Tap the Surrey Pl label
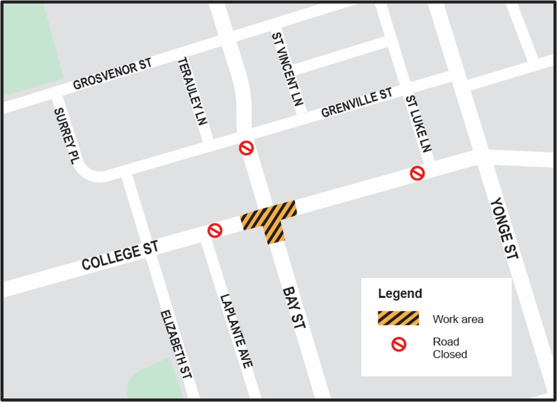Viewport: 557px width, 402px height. pyautogui.click(x=67, y=136)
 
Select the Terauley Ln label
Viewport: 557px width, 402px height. pyautogui.click(x=192, y=91)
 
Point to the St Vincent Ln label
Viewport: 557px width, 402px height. pyautogui.click(x=287, y=69)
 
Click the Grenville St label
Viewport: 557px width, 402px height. pyautogui.click(x=357, y=103)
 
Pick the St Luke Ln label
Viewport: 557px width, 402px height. pyautogui.click(x=418, y=123)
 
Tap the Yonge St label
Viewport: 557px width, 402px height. pyautogui.click(x=504, y=228)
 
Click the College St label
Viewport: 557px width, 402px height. pyautogui.click(x=120, y=257)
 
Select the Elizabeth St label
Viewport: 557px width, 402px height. pyautogui.click(x=176, y=344)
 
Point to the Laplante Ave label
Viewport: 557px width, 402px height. pyautogui.click(x=236, y=331)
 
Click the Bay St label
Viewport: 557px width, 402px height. pyautogui.click(x=294, y=307)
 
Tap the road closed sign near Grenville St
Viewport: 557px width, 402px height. pyautogui.click(x=246, y=149)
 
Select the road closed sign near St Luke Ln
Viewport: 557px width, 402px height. pyautogui.click(x=418, y=173)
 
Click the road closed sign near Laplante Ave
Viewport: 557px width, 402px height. pyautogui.click(x=215, y=230)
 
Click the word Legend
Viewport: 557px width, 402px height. pyautogui.click(x=400, y=294)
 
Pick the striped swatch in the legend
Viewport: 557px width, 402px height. pyautogui.click(x=398, y=319)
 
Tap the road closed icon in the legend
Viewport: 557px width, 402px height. pyautogui.click(x=399, y=345)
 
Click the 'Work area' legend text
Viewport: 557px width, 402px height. pyautogui.click(x=458, y=319)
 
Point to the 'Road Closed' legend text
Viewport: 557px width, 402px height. pyautogui.click(x=449, y=348)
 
